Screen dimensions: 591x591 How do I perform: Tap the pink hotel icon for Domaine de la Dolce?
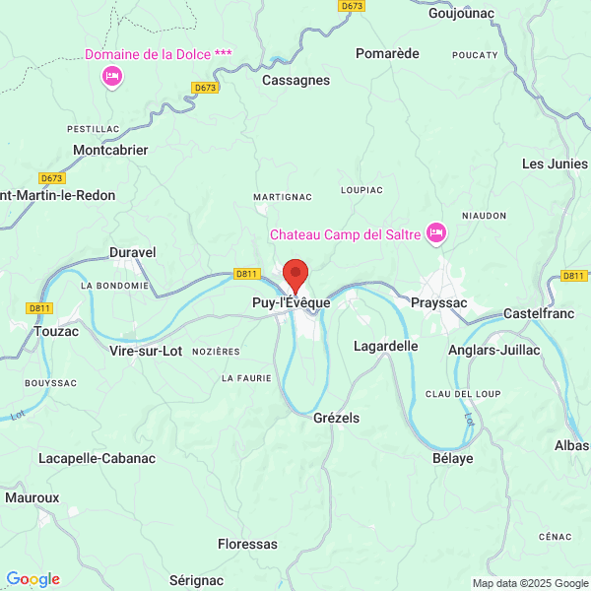[x=111, y=76]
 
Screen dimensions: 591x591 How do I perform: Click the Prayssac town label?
[x=438, y=303]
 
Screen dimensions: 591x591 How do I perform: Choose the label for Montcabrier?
[x=110, y=150]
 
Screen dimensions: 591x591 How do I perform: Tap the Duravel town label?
[x=132, y=252]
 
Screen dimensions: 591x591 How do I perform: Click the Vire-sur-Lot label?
[x=146, y=350]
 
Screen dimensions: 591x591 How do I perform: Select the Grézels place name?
[x=336, y=418]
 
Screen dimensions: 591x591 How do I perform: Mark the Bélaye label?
[x=453, y=458]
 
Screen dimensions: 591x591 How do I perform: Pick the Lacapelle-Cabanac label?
[x=97, y=458]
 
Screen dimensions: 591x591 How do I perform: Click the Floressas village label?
[x=247, y=543]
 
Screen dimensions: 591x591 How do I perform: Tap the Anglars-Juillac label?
[x=493, y=349]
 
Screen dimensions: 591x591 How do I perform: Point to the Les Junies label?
[x=554, y=164]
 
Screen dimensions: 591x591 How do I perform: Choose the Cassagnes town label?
[x=295, y=81]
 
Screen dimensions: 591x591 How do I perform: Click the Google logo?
[x=33, y=579]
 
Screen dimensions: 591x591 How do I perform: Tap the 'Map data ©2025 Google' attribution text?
[x=529, y=582]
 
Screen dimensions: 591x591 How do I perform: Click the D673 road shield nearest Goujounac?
[x=352, y=6]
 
